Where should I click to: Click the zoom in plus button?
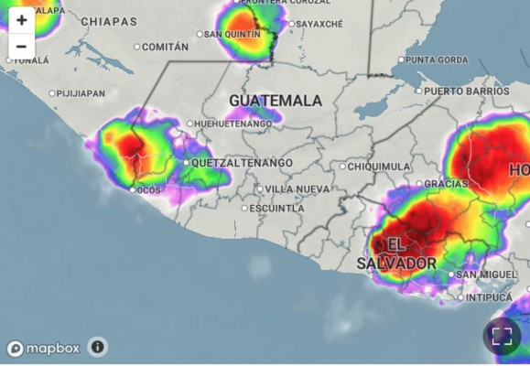click(x=21, y=19)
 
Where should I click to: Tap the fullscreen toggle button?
click(x=502, y=336)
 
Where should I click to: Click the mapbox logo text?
click(x=52, y=348)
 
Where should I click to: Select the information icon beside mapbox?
click(x=98, y=347)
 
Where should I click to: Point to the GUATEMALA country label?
click(x=276, y=100)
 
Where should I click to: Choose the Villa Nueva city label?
click(x=297, y=188)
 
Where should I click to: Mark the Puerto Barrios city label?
click(x=466, y=91)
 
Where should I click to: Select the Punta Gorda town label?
click(x=437, y=60)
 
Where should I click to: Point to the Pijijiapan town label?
click(x=81, y=93)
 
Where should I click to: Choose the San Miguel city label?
click(x=486, y=274)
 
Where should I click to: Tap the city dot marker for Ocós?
click(x=132, y=190)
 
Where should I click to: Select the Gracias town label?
click(x=446, y=184)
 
